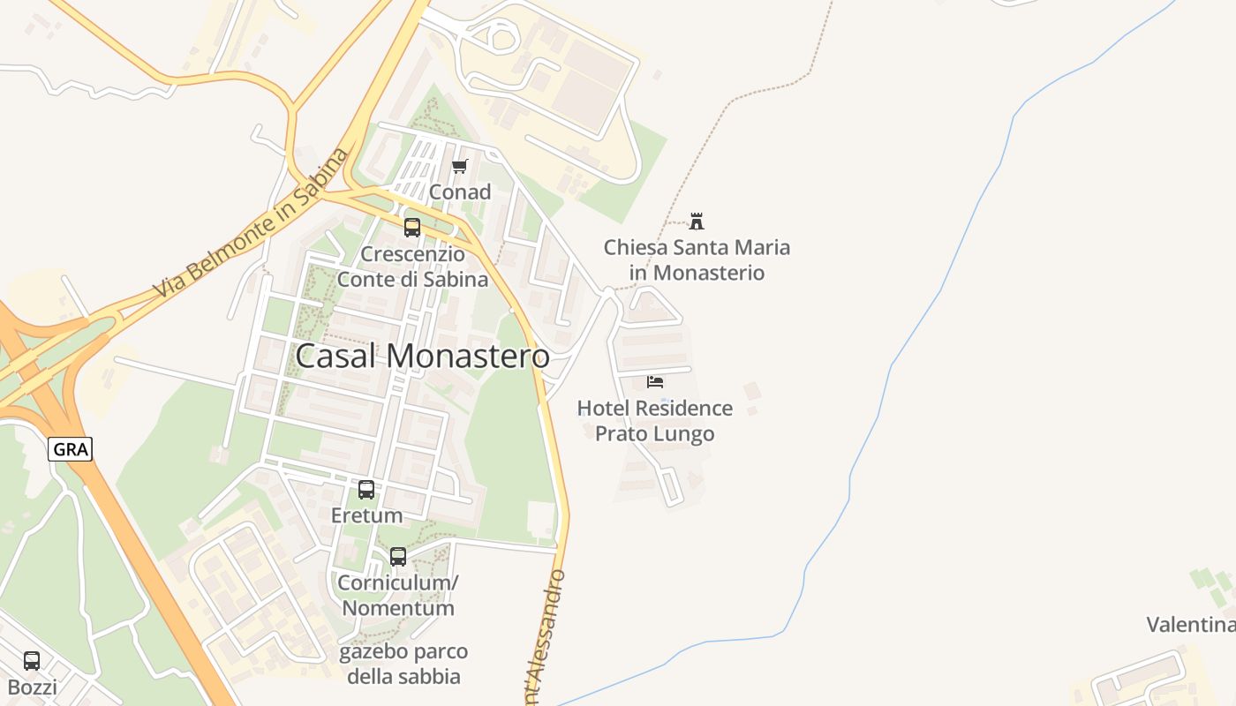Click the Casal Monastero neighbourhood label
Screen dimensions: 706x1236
point(422,356)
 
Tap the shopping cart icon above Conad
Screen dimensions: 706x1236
point(459,166)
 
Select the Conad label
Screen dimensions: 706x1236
point(460,192)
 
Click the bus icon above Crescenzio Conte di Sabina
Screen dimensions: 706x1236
point(412,228)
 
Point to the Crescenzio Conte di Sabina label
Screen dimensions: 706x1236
point(412,267)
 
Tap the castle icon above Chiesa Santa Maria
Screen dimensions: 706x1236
point(697,221)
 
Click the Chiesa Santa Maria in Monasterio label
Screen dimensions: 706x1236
point(697,259)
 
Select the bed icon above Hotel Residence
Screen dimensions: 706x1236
point(655,381)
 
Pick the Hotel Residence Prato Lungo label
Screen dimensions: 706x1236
point(654,421)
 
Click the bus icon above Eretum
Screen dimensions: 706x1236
point(366,489)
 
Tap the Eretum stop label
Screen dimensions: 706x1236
point(366,514)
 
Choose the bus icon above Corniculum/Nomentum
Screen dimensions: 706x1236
point(398,557)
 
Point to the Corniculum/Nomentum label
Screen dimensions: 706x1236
point(398,596)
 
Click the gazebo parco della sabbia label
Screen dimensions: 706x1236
point(403,664)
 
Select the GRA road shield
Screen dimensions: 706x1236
point(70,449)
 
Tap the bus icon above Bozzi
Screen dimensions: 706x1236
point(32,660)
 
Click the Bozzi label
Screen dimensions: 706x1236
point(32,687)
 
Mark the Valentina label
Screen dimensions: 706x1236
point(1190,625)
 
